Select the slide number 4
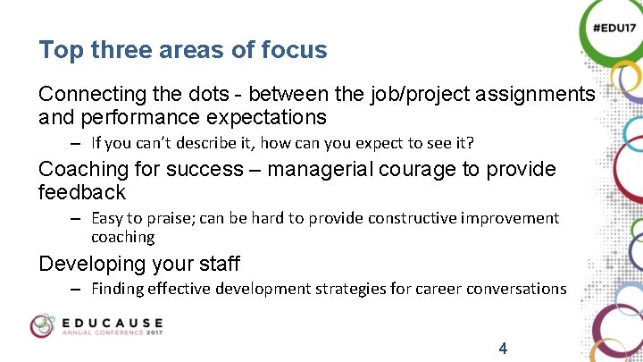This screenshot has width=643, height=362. [503, 348]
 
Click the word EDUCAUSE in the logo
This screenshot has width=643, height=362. [113, 322]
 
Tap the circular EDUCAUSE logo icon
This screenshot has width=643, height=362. [43, 326]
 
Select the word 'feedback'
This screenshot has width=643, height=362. [82, 192]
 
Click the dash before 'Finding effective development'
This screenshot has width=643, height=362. [78, 289]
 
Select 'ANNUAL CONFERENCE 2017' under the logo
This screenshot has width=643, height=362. [112, 333]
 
